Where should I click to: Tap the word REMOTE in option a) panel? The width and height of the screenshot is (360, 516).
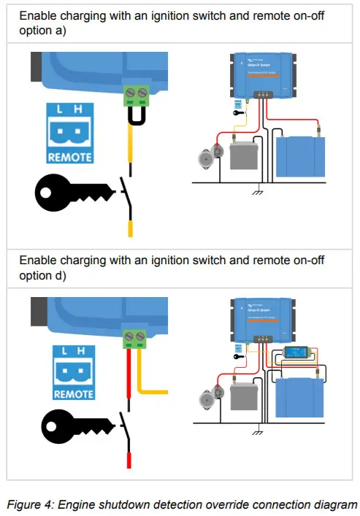click(69, 158)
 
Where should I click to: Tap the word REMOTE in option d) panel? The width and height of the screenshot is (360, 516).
click(73, 394)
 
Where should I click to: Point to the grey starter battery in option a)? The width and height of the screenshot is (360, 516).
click(244, 155)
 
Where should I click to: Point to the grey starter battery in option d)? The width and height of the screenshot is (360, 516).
click(245, 398)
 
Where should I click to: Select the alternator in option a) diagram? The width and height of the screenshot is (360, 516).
click(205, 158)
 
